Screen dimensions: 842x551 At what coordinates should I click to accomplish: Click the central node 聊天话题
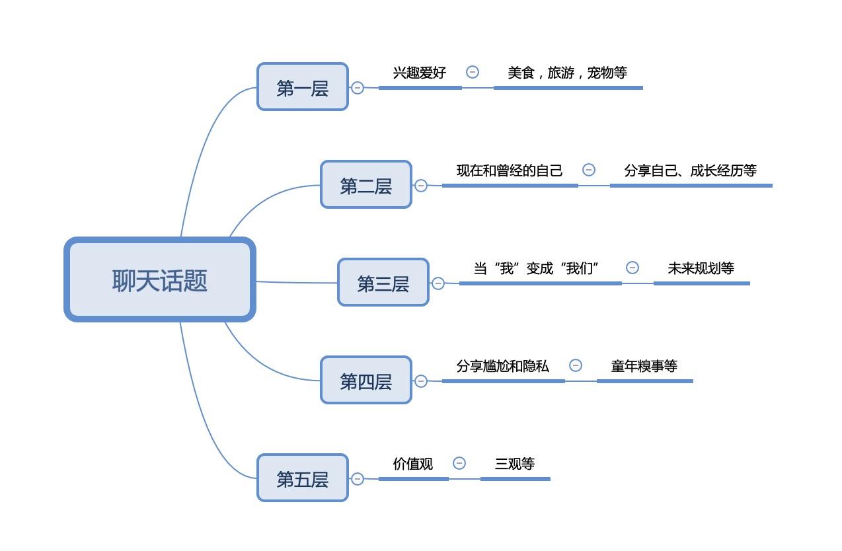point(160,279)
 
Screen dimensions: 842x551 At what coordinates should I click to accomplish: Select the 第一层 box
point(303,87)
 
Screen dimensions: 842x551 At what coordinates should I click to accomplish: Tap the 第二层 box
point(366,184)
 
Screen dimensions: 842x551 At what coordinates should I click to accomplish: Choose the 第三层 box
point(383,282)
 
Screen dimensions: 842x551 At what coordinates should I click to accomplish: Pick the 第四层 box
point(366,380)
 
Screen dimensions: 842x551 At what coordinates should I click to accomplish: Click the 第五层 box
point(303,478)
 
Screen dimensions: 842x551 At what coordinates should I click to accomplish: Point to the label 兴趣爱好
point(420,73)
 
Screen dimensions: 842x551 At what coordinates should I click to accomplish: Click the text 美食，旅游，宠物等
point(567,73)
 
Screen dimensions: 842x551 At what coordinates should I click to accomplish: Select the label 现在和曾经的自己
point(510,170)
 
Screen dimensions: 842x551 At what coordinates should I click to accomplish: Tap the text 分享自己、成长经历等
point(690,170)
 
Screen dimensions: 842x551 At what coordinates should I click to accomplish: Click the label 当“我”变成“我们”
point(536,268)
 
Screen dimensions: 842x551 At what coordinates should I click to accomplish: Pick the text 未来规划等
point(701,268)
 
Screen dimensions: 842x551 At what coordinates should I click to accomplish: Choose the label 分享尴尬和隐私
point(502,366)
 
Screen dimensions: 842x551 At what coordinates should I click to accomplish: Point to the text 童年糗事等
point(644,366)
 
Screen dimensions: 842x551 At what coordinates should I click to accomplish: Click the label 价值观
point(412,463)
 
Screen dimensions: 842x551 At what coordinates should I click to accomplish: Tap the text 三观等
point(515,463)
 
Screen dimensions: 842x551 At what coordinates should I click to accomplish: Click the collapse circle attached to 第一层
point(358,88)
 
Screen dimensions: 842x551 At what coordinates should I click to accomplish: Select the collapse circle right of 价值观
point(459,463)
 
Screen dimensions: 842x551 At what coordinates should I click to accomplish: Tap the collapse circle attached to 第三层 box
point(438,283)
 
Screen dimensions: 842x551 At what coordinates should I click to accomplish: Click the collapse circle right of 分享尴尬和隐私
point(576,365)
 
